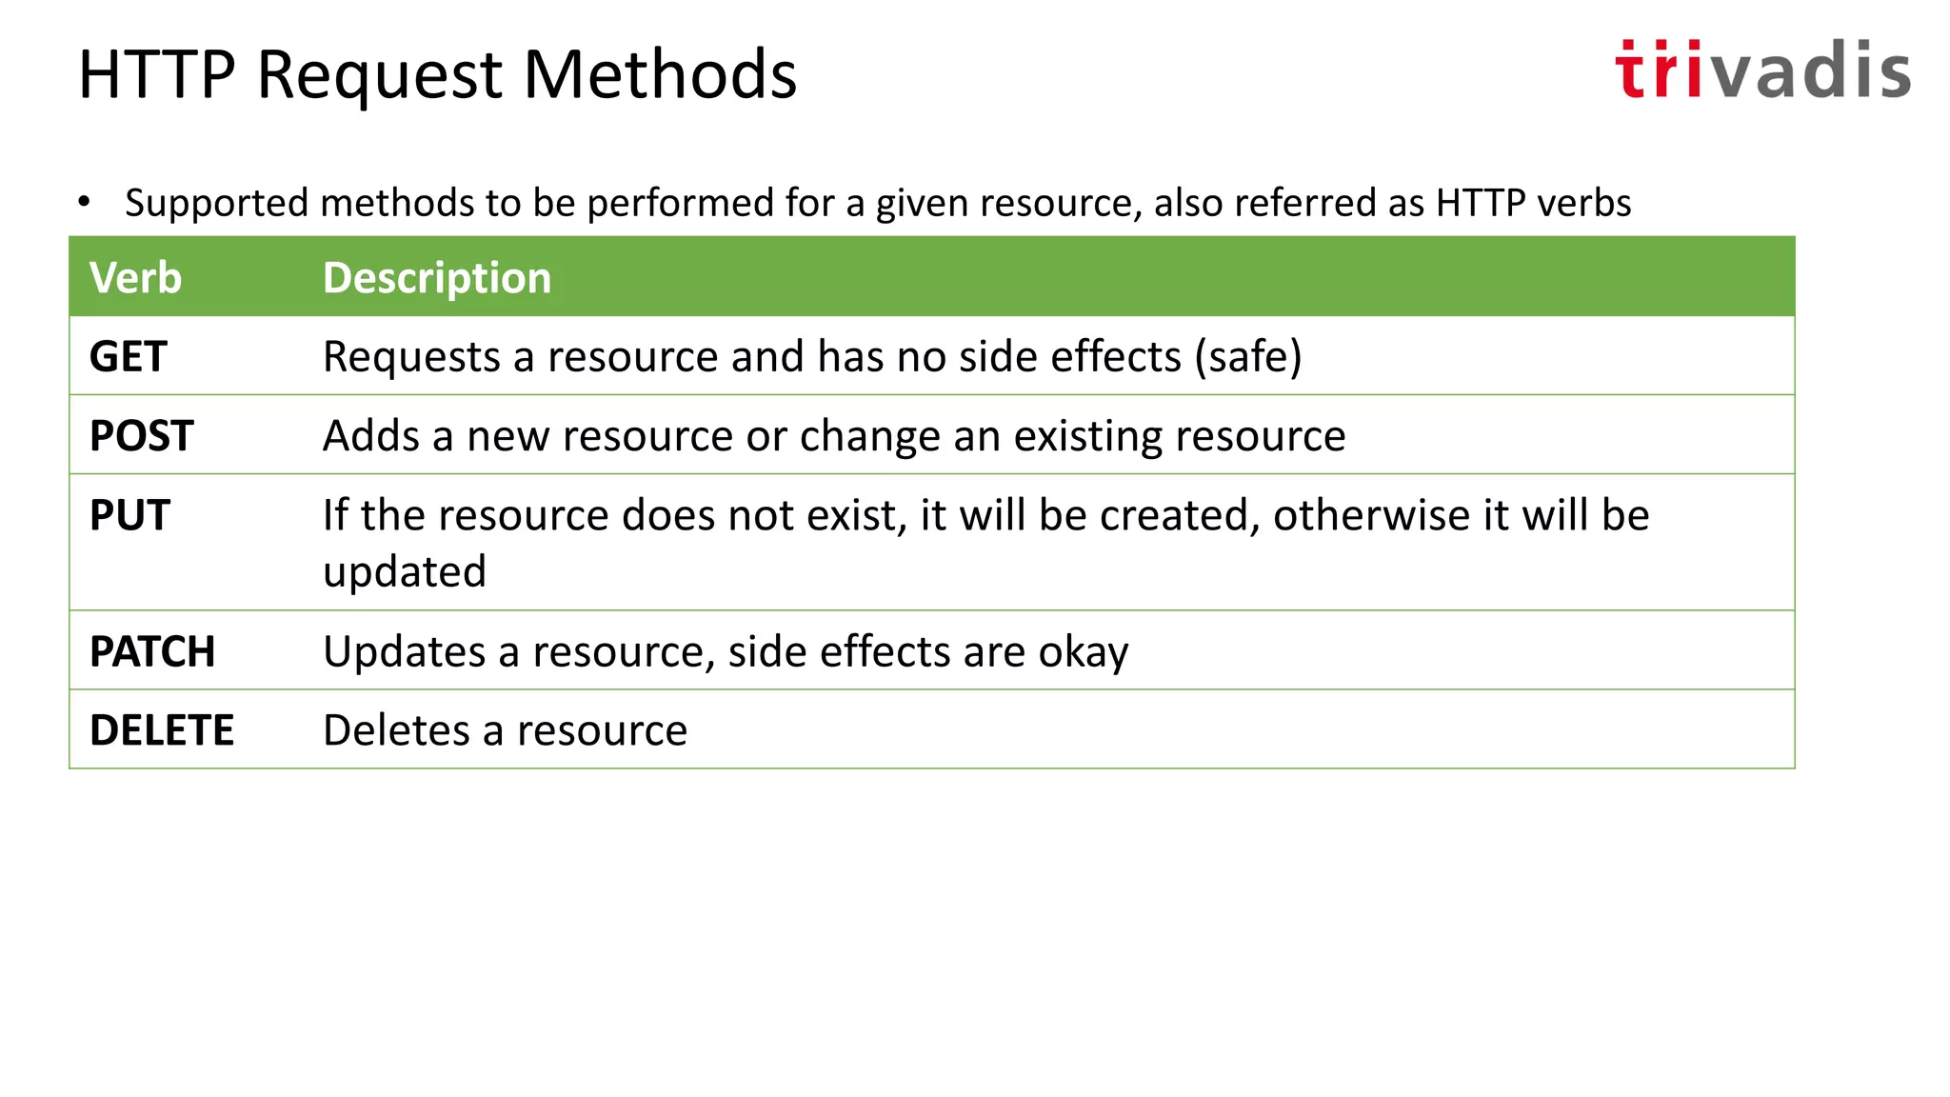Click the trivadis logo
point(1761,70)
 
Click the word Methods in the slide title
point(660,75)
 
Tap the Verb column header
point(135,278)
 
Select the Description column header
point(437,278)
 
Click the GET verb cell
point(129,357)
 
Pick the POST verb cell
point(142,436)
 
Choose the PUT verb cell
point(130,515)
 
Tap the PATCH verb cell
point(152,652)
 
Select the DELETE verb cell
point(162,731)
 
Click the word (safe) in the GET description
point(1248,357)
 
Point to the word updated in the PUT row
point(405,572)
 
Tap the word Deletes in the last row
point(396,731)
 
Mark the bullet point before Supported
point(85,202)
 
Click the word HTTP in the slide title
point(157,75)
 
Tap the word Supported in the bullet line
point(216,204)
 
